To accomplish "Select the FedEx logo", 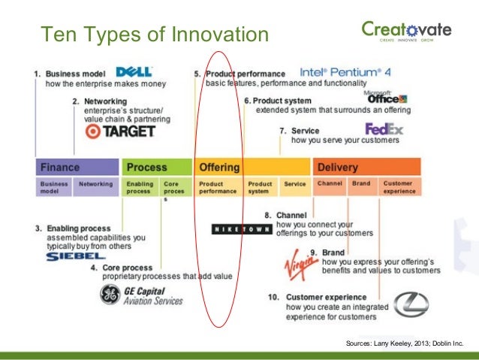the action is pyautogui.click(x=384, y=129).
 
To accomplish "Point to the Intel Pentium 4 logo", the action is pyautogui.click(x=345, y=73).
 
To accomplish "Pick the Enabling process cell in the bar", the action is pyautogui.click(x=140, y=186).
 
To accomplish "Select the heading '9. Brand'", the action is pyautogui.click(x=323, y=253).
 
